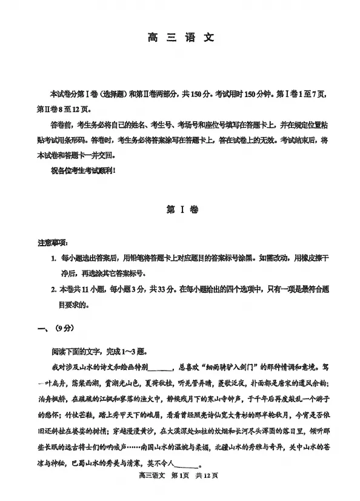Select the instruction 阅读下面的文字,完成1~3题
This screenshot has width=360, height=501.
(x=99, y=352)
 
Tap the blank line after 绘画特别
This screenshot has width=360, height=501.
(x=159, y=369)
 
